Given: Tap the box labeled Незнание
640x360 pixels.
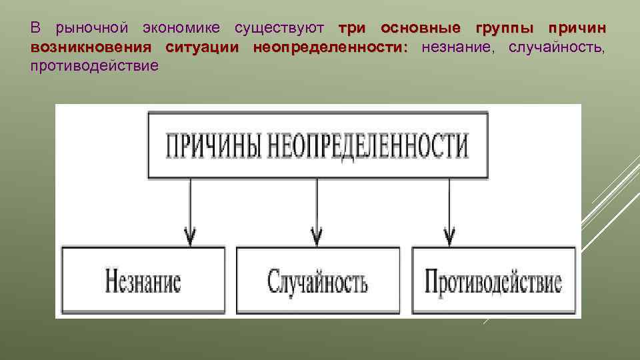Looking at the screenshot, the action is coord(143,281).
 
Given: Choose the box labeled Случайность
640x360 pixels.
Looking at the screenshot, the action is coord(318,281).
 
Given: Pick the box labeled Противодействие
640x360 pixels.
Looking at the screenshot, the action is coord(494,281).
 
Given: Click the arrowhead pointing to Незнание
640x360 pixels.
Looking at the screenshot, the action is coord(190,236).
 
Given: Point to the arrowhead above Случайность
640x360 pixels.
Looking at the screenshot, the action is coord(317,236).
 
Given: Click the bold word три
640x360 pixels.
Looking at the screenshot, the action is coord(353,29).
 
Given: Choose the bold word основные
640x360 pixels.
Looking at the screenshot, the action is coord(421,29).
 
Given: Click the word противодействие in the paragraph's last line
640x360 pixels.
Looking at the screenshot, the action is coord(94,65).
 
